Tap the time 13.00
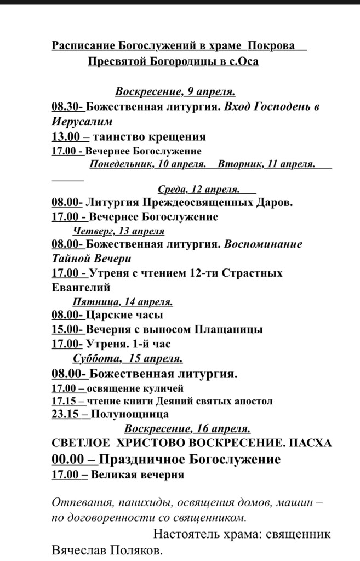pos(67,136)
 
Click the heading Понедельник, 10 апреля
pos(147,164)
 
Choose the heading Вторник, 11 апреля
pos(266,164)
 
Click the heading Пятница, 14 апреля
pos(123,301)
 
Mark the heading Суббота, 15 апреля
pos(128,359)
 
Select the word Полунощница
pos(130,415)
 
